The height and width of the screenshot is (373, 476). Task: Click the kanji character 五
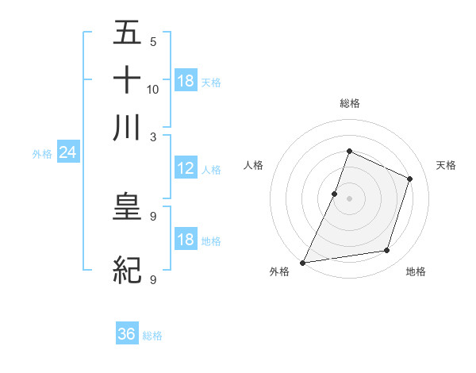127,33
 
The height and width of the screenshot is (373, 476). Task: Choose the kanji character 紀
127,271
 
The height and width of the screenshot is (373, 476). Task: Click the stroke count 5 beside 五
152,42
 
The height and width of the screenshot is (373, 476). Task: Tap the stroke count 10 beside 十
153,89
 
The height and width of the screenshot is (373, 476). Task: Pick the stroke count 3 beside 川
153,137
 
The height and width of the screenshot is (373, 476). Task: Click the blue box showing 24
67,152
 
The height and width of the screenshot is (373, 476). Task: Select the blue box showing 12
185,168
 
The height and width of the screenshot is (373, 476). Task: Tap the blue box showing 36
127,335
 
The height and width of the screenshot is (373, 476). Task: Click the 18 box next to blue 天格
186,81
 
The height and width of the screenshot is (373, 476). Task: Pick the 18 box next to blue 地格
185,240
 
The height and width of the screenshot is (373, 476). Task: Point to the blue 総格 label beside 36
152,336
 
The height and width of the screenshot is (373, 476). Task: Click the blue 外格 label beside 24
42,154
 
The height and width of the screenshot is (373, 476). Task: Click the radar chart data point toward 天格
410,179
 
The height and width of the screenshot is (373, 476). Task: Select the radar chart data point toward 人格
335,194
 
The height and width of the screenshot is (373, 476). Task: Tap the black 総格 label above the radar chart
349,103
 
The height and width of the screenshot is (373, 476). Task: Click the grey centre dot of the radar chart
349,198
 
